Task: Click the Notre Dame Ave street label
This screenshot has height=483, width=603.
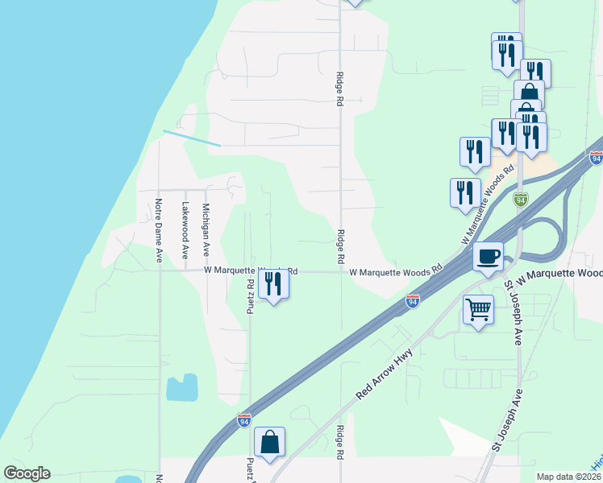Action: [159, 230]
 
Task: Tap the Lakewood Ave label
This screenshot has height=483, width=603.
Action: [185, 230]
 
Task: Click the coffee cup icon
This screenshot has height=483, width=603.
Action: [488, 258]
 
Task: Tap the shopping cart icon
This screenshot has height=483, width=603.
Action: [479, 309]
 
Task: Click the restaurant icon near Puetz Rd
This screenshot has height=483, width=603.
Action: [273, 284]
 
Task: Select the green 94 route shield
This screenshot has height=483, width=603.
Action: [520, 199]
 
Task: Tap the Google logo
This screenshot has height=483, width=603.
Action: [27, 473]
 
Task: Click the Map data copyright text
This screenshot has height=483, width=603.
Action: [569, 477]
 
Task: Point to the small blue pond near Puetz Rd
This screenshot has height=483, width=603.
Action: [182, 388]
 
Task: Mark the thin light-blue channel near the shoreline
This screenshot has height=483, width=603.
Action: [192, 138]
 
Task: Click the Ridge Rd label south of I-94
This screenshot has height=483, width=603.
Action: [340, 442]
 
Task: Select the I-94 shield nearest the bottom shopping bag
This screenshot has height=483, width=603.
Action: [244, 420]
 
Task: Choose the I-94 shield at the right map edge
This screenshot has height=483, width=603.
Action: [596, 159]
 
